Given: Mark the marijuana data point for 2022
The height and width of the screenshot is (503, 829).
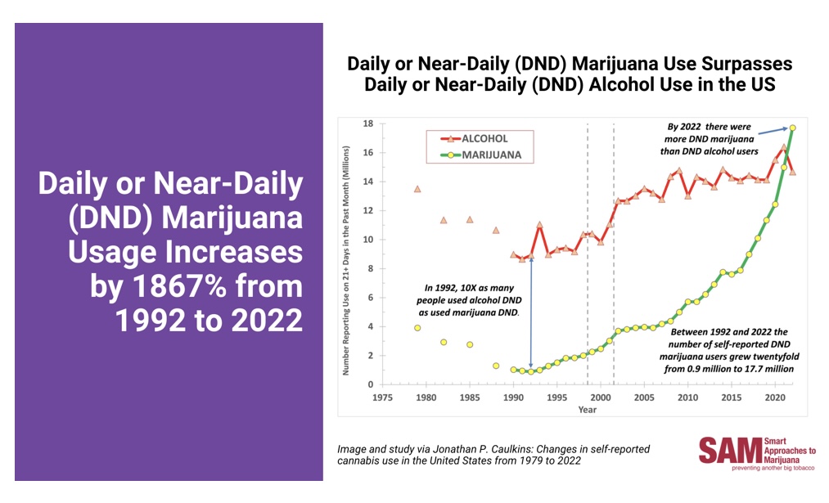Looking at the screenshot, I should (x=793, y=128).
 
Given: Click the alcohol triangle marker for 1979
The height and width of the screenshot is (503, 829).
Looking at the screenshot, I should (x=417, y=189).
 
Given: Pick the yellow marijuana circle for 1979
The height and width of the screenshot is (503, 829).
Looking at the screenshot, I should (x=417, y=328).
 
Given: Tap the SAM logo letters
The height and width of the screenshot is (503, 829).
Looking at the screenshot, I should (x=728, y=452).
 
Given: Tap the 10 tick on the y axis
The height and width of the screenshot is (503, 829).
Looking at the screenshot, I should (x=369, y=240).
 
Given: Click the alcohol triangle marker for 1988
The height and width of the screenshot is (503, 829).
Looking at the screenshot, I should (x=496, y=231).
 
